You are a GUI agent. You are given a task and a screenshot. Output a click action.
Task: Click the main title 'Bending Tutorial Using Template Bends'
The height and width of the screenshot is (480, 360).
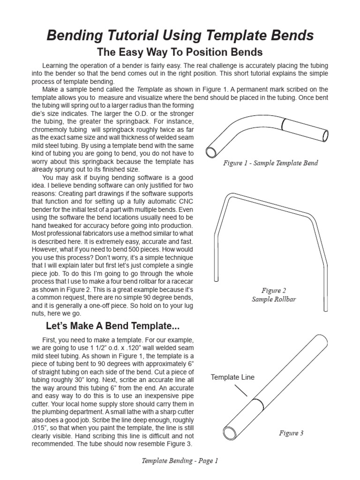[x=180, y=35]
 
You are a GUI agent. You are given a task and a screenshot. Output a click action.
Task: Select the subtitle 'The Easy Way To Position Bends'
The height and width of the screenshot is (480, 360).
[x=180, y=52]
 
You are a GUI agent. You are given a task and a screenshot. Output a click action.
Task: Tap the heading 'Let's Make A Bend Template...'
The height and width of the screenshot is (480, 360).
[x=112, y=326]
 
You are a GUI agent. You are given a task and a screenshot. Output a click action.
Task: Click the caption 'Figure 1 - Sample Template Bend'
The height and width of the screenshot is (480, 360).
[x=270, y=163]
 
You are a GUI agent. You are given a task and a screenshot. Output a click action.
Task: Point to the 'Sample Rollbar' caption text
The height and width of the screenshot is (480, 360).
[x=274, y=300]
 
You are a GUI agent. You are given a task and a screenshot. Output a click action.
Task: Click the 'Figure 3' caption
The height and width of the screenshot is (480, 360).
[x=291, y=433]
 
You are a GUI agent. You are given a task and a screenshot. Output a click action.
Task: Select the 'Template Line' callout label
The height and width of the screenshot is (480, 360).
[x=232, y=377]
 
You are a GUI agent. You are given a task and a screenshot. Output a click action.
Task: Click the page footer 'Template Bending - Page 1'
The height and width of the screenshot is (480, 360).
[x=180, y=461]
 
